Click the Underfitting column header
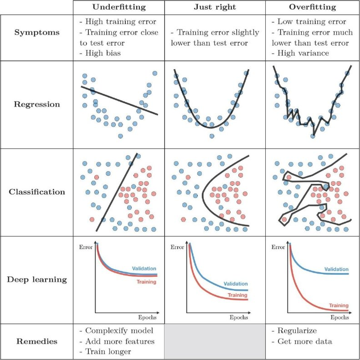(x=118, y=7)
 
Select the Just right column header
(x=215, y=7)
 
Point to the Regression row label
(x=37, y=104)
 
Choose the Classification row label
(x=37, y=192)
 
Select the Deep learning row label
(x=37, y=279)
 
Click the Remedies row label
(x=37, y=341)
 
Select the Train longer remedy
(x=106, y=352)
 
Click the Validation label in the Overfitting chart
(x=336, y=269)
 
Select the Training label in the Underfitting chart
(x=146, y=282)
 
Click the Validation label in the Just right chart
(x=235, y=284)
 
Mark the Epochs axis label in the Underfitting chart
(x=147, y=317)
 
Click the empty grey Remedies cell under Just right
(x=215, y=341)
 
